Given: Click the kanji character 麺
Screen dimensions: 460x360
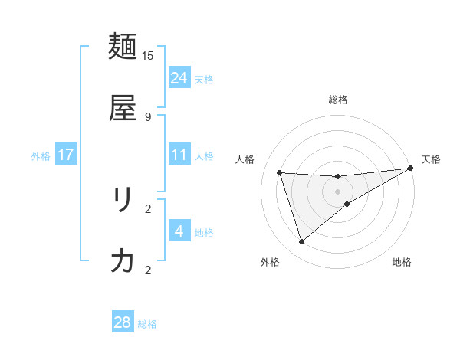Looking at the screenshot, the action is pos(123,47).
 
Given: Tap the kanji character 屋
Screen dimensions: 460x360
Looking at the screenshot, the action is pos(123,109).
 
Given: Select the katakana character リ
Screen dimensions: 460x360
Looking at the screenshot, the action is pos(123,201).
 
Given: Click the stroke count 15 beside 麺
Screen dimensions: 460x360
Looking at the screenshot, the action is pos(148,55).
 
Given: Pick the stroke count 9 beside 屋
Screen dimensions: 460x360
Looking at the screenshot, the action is pos(148,116).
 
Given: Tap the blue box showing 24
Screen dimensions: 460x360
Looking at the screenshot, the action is pos(179,77).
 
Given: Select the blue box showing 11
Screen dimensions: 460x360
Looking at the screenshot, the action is pos(179,155).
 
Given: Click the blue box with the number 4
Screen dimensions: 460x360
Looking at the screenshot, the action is pos(179,231).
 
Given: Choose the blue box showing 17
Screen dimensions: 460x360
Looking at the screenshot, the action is pos(66,155).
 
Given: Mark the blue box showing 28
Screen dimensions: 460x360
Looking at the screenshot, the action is pos(123,322).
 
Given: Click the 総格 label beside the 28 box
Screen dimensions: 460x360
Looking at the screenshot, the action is pos(147,324).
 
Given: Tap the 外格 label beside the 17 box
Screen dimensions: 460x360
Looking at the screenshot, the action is pos(41,156).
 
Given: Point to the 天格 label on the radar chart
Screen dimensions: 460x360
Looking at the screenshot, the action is pos(431,159).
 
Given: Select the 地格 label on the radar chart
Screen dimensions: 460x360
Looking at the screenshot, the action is pos(402,262).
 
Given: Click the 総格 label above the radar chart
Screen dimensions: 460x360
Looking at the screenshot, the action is pos(338,100).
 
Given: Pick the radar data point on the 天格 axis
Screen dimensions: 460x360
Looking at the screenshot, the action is pos(411,169).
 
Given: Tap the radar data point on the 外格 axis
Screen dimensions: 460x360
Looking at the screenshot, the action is pos(301,242).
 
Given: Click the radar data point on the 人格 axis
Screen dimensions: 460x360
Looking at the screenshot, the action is pos(280,172).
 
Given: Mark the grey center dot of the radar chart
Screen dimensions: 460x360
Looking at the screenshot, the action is pos(338,191).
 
